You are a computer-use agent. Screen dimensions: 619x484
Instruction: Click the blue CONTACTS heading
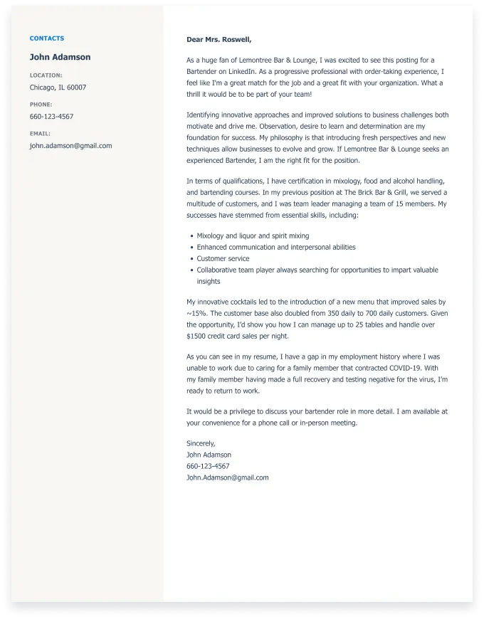point(47,38)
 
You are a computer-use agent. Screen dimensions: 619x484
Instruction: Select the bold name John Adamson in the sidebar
point(60,57)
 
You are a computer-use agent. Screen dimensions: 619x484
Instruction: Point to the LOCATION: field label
point(46,75)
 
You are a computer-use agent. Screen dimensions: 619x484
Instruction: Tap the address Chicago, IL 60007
point(58,88)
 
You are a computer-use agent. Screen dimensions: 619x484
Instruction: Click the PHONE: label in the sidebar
point(41,105)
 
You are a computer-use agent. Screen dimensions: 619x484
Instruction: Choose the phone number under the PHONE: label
point(51,117)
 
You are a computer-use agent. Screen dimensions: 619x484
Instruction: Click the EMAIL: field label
point(40,134)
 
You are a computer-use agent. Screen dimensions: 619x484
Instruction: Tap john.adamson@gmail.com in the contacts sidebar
point(70,146)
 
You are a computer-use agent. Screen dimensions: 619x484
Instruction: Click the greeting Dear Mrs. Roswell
point(219,39)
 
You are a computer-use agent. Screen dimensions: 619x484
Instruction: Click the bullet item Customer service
point(223,258)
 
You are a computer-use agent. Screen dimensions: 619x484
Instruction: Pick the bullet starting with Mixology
point(253,236)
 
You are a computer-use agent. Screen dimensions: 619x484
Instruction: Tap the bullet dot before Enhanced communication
point(191,248)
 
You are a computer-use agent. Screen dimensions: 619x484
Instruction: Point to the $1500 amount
point(195,336)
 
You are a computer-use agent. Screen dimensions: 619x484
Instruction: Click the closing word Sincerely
point(201,443)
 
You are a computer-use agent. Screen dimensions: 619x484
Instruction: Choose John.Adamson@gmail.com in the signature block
point(227,477)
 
